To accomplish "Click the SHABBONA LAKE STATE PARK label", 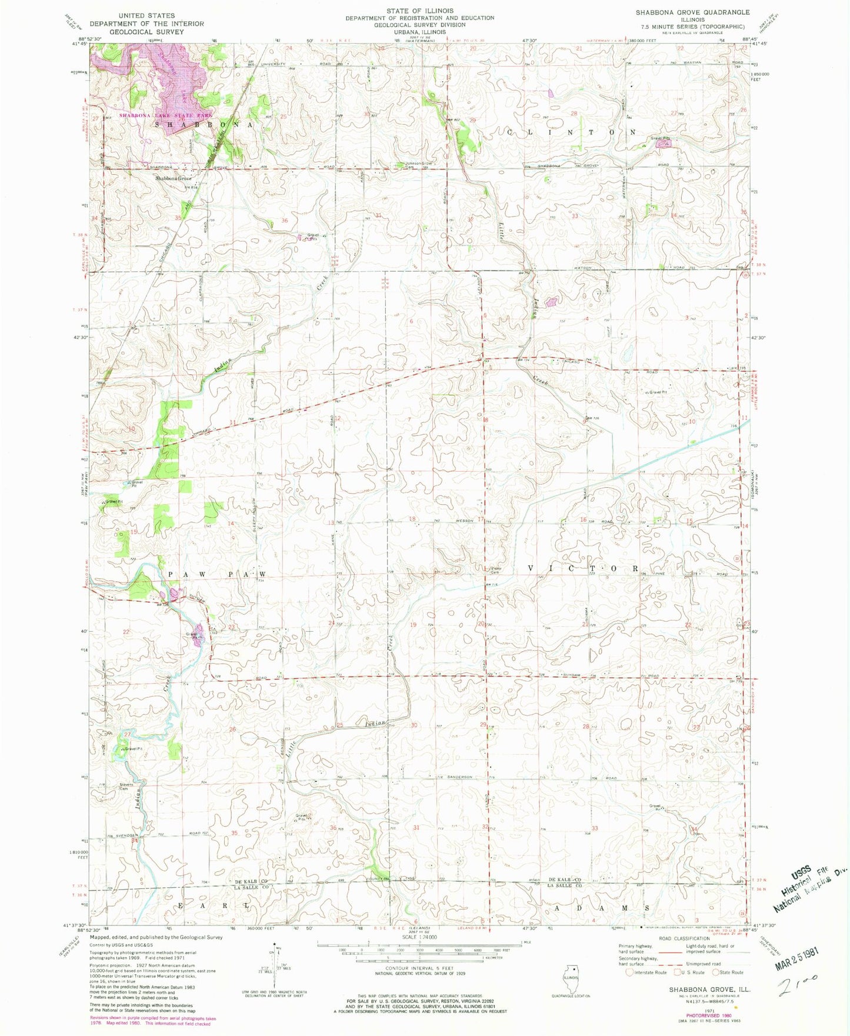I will [x=165, y=115].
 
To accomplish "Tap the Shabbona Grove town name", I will [x=173, y=178].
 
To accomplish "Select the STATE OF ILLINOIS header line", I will [x=419, y=11].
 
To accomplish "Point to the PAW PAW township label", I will [x=218, y=574].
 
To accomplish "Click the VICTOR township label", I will [x=583, y=568].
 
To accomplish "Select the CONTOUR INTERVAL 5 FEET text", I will [x=419, y=968].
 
